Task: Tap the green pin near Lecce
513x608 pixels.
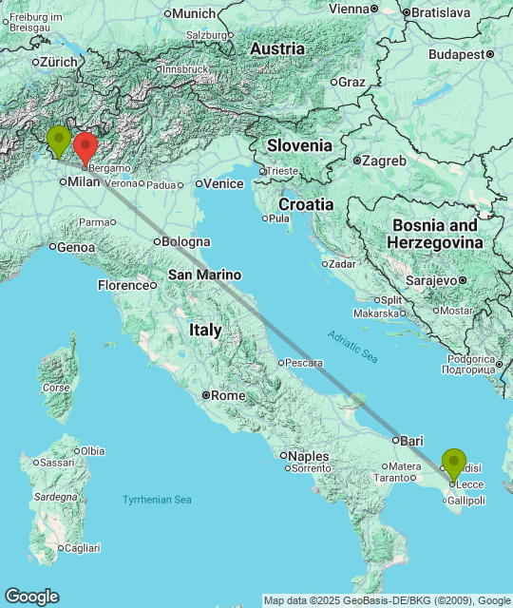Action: [454, 464]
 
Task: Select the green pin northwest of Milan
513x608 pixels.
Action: [59, 141]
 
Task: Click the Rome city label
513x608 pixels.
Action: [227, 395]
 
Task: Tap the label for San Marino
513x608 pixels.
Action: [204, 275]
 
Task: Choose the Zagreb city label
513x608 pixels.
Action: [384, 161]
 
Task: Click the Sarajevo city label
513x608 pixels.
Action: [431, 280]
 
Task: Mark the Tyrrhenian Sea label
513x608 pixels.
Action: [157, 500]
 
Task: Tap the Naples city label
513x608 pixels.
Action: [308, 456]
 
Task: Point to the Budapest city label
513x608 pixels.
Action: [456, 54]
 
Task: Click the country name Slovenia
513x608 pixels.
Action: [299, 145]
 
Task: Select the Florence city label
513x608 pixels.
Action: [123, 285]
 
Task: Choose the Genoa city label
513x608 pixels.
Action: [76, 247]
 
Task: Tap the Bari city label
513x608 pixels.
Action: [411, 441]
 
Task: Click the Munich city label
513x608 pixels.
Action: [194, 13]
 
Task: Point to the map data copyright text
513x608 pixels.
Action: [387, 600]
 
